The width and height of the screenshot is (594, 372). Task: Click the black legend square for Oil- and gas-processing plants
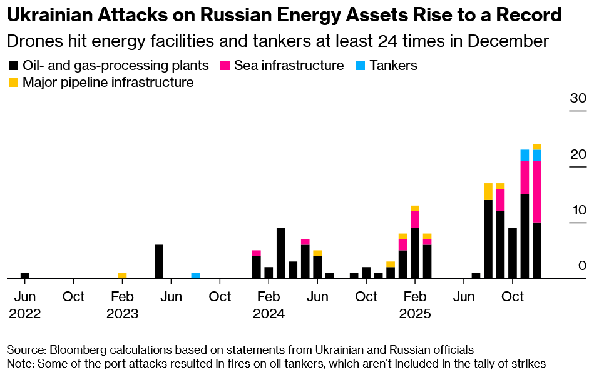[x=13, y=65]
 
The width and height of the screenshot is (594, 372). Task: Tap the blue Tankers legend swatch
[x=360, y=65]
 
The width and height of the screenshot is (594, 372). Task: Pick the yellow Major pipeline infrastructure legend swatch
[x=13, y=82]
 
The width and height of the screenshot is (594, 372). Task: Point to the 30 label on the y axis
[x=577, y=98]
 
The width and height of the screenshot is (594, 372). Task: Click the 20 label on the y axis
[x=577, y=154]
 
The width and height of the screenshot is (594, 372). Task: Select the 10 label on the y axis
[x=577, y=210]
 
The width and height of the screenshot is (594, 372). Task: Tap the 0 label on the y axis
[x=581, y=266]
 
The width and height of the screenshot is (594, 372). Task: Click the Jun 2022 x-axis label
[x=25, y=304]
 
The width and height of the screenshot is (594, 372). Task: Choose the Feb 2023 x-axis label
[x=123, y=304]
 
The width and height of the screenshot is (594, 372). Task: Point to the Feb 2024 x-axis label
[x=269, y=304]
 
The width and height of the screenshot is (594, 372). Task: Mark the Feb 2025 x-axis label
[x=415, y=304]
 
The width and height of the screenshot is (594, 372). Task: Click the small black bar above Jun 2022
[x=25, y=275]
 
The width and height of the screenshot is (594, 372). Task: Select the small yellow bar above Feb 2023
[x=123, y=275]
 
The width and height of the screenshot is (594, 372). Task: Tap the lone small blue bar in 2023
[x=195, y=275]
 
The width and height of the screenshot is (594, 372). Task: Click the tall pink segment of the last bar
[x=537, y=191]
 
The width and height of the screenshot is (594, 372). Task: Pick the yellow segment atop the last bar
[x=537, y=147]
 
